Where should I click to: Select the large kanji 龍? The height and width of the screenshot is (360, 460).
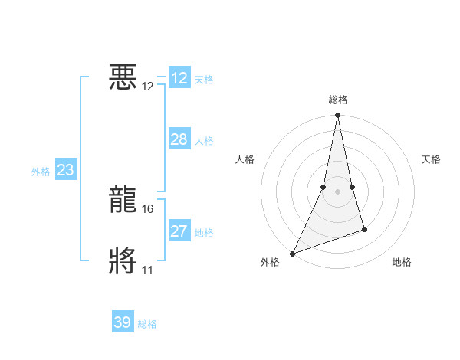(x=123, y=199)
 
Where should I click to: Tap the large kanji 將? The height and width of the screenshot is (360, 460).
(x=123, y=260)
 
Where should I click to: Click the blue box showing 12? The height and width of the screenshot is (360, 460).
(x=179, y=78)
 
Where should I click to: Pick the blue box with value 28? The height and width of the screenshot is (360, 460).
(x=179, y=139)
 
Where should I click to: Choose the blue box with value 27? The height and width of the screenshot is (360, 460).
(x=179, y=231)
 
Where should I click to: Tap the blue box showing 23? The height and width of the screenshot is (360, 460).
(x=65, y=170)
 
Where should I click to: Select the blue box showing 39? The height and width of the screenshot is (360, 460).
(x=123, y=322)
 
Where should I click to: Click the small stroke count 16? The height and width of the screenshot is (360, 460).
(x=149, y=208)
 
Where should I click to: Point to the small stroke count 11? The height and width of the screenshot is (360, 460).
(x=148, y=270)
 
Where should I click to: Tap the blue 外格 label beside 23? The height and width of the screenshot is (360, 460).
(x=41, y=172)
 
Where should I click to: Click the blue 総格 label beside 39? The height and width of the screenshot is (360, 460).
(x=147, y=324)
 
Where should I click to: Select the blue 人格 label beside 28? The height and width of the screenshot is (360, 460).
(x=204, y=141)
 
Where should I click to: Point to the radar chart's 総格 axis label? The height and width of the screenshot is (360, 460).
(x=337, y=100)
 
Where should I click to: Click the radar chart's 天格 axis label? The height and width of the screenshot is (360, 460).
(x=431, y=159)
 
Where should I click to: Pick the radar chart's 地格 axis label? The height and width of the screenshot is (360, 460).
(x=402, y=262)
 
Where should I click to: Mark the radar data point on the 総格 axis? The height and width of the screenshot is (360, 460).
(x=337, y=116)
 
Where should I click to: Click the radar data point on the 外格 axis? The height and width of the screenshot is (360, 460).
(x=292, y=253)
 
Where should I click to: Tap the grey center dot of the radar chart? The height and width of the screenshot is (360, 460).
(x=337, y=191)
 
